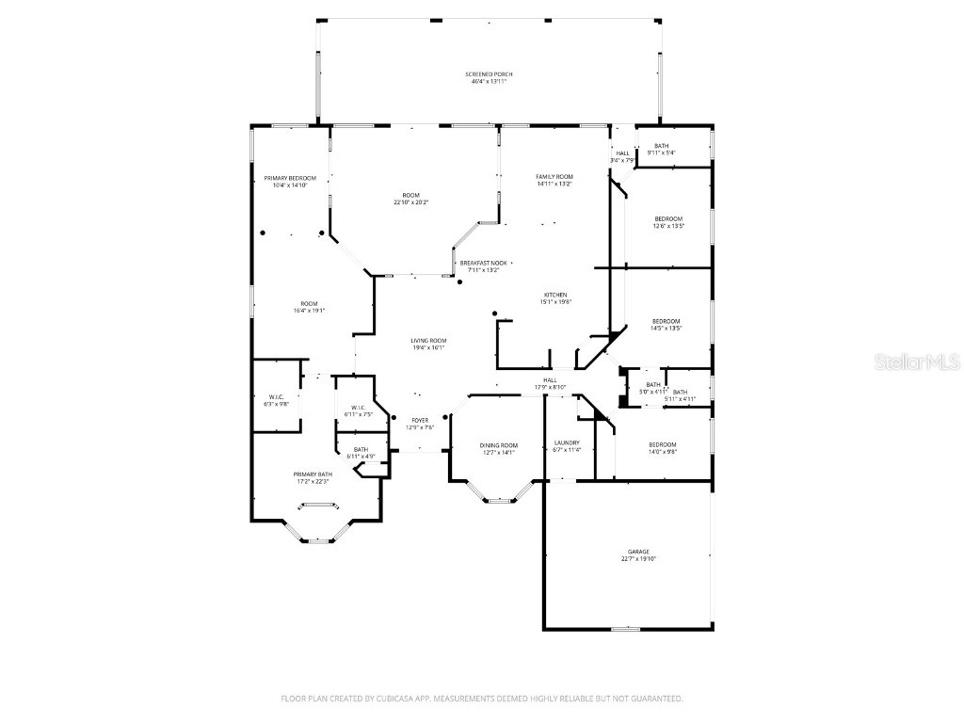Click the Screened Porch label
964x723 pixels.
click(488, 73)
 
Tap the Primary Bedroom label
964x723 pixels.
click(290, 178)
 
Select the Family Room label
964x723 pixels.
click(554, 177)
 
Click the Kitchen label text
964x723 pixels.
click(556, 295)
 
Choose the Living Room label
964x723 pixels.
click(427, 340)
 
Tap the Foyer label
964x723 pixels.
click(420, 420)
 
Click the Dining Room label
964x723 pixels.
click(499, 444)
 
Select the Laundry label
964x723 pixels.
click(567, 442)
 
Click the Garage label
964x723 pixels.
click(638, 552)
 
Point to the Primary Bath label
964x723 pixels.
click(313, 474)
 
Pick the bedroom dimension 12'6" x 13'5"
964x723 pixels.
click(668, 226)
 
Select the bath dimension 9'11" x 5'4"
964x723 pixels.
click(662, 153)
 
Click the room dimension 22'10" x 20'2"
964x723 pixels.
click(410, 202)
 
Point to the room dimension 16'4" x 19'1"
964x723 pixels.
click(309, 310)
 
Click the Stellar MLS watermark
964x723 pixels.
click(904, 361)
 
